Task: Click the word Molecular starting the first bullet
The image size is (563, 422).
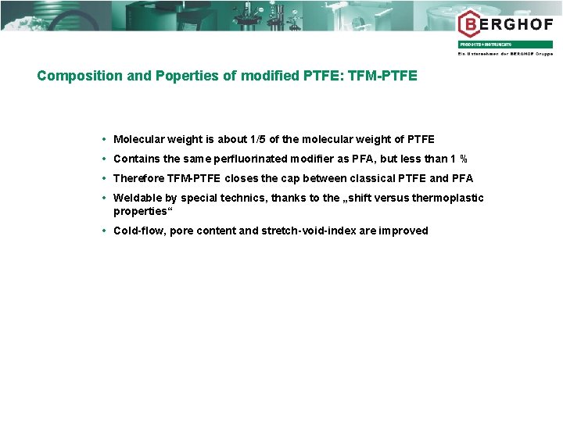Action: point(138,139)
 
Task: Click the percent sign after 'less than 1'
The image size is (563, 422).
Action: point(464,159)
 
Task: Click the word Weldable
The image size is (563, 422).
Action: point(138,198)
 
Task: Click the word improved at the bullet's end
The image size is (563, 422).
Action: point(403,231)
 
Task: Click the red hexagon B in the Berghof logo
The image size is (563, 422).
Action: point(469,23)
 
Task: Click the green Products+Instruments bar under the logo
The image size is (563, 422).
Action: point(505,45)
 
